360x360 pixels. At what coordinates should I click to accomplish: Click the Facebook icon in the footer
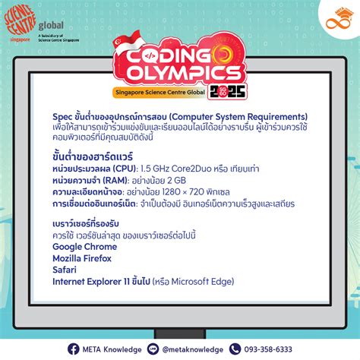(x=74, y=349)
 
